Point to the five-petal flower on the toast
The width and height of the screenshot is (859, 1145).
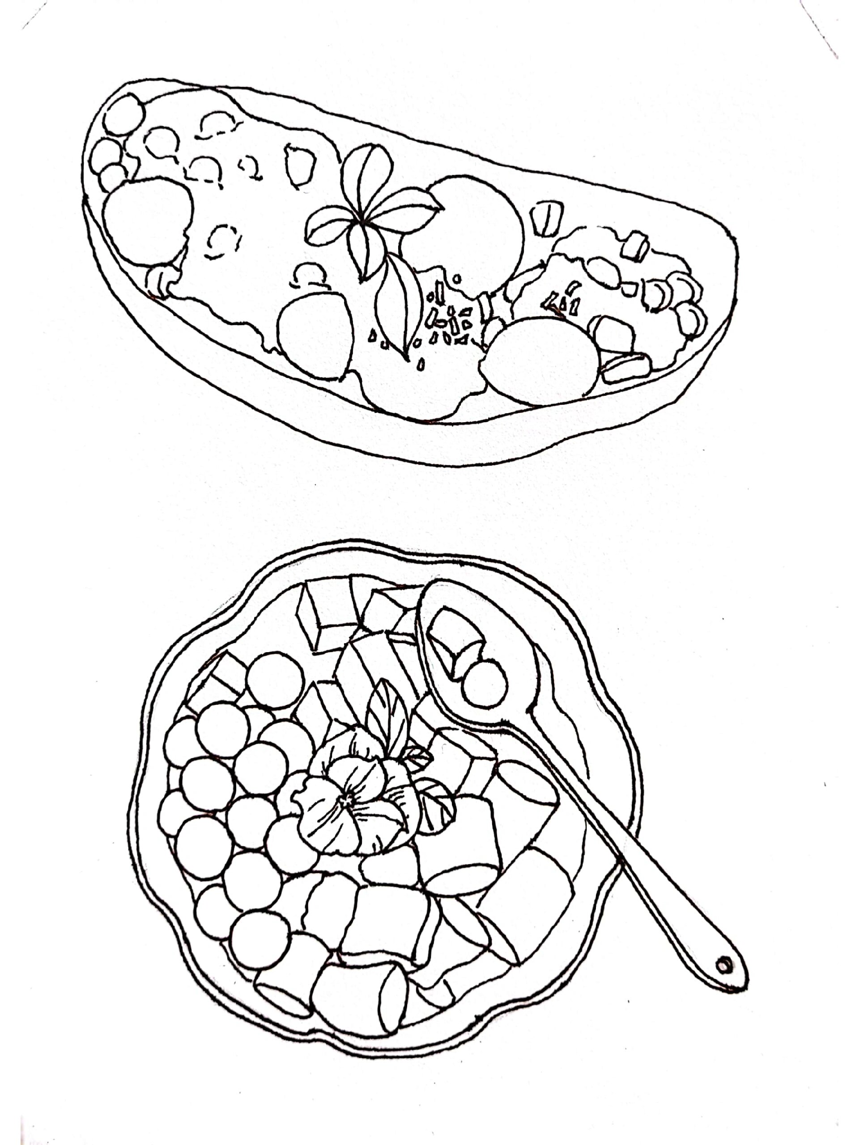click(x=370, y=217)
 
